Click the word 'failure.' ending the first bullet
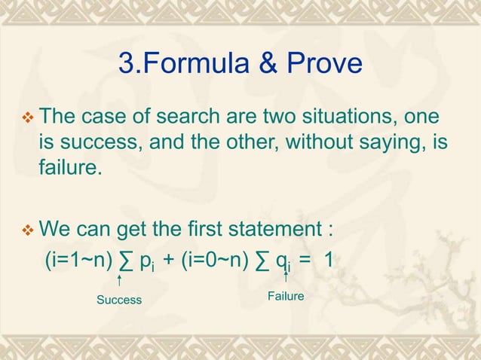click(x=69, y=167)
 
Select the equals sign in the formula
click(x=305, y=261)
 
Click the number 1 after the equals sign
click(x=328, y=260)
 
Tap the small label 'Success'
click(x=119, y=300)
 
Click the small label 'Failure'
click(x=286, y=297)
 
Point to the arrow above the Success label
click(x=121, y=282)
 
